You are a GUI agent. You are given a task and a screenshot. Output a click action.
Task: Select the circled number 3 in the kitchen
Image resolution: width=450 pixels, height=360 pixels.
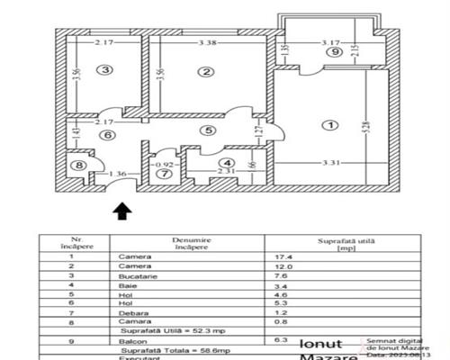coord(106,70)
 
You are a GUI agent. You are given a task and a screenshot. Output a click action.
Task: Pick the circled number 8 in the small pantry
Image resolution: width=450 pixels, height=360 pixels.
coord(79,166)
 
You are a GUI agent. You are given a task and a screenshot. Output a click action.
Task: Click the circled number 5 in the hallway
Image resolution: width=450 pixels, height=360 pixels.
coord(208,130)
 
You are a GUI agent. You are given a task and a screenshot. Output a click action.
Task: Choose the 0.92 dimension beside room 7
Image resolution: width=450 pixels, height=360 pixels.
coord(163,166)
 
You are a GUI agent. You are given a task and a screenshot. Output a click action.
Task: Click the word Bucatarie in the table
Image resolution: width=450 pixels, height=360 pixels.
coord(137,276)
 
